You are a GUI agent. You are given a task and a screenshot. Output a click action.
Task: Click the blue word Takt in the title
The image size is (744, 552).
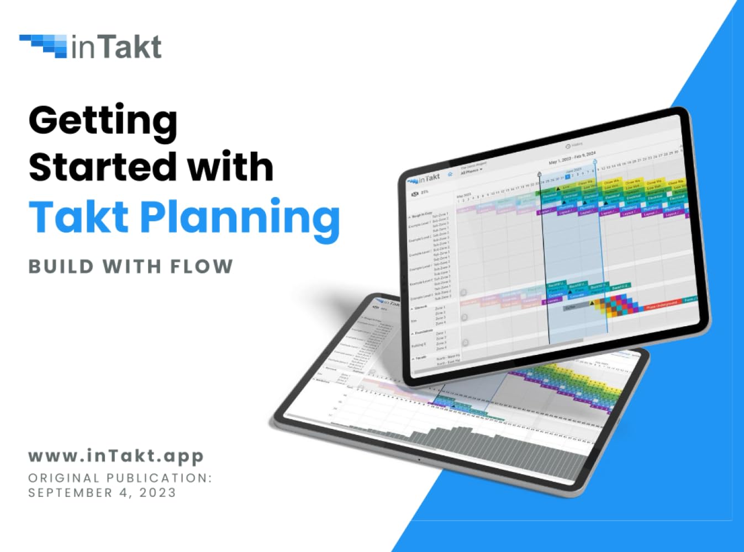click(x=79, y=216)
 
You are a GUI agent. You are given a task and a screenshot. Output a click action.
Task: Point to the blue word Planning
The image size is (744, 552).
click(x=240, y=218)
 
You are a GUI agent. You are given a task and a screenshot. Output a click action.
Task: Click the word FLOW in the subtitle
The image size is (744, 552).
click(x=201, y=267)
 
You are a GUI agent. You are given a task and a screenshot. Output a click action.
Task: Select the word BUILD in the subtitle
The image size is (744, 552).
click(x=61, y=267)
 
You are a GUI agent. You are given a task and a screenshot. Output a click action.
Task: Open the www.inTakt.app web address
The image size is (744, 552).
click(x=116, y=456)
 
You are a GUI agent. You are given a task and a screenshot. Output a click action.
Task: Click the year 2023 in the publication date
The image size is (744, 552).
click(x=157, y=492)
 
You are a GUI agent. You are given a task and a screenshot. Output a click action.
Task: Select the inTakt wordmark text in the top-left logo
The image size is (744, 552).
click(x=117, y=47)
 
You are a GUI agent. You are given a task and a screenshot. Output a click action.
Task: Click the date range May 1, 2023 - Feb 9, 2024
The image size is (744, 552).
click(x=572, y=157)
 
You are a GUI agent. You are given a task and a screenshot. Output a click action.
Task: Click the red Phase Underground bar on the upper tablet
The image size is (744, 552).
click(x=661, y=305)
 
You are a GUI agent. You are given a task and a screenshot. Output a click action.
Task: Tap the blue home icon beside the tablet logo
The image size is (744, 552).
click(x=450, y=174)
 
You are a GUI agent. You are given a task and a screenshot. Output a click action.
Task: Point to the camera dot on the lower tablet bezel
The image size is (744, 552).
click(x=419, y=459)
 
